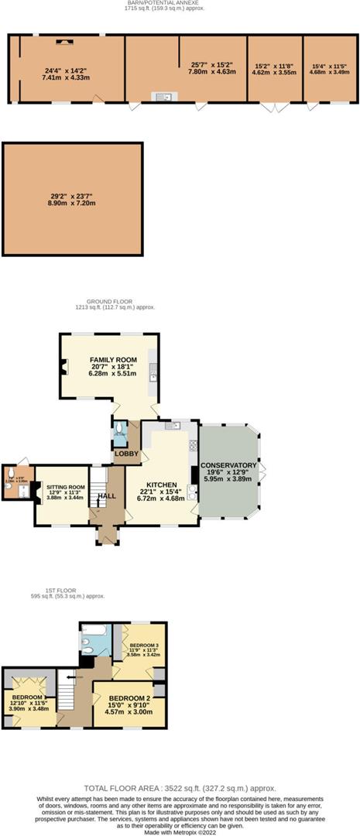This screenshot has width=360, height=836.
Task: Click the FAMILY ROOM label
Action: point(113,360)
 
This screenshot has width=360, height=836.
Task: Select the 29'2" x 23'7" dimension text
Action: point(74,197)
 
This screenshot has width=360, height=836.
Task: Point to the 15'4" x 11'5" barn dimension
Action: point(329,66)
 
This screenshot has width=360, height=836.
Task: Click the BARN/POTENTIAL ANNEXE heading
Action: point(163,3)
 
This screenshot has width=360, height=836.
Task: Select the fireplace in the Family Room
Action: point(63,368)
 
